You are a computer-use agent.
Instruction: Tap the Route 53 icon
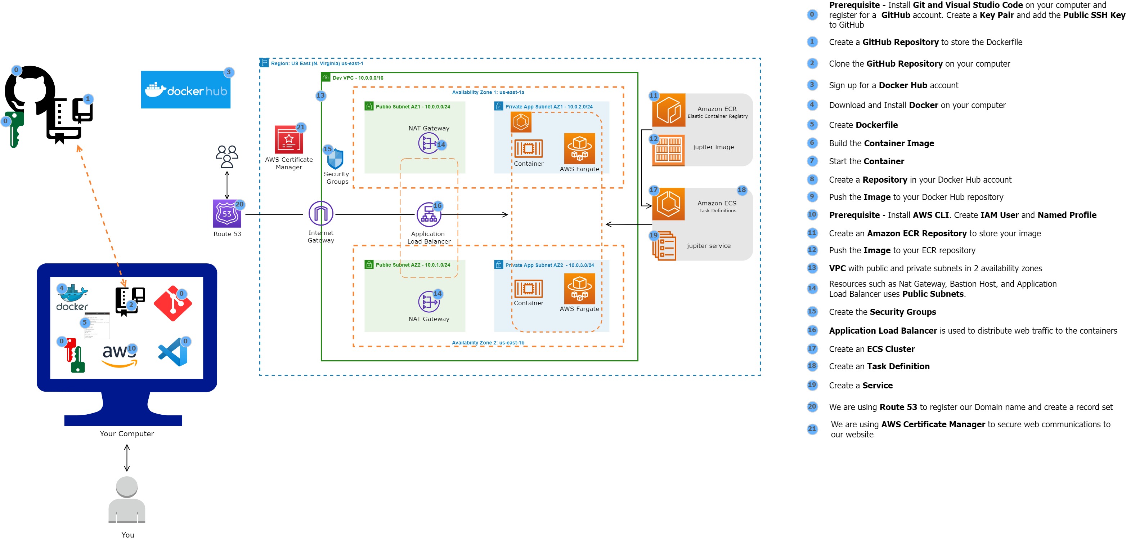[x=226, y=214]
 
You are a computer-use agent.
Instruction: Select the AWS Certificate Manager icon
[x=288, y=139]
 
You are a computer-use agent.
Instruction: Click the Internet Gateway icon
[x=321, y=214]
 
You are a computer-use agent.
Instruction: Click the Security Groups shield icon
[x=335, y=159]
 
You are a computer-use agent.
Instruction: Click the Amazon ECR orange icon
[x=668, y=110]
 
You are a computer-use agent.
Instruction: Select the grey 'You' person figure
[x=127, y=500]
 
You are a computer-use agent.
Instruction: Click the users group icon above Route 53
[x=226, y=156]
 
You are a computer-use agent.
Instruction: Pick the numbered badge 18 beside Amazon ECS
[x=741, y=190]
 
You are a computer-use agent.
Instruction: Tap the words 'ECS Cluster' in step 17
[x=890, y=349]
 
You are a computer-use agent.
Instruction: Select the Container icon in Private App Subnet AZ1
[x=528, y=148]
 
